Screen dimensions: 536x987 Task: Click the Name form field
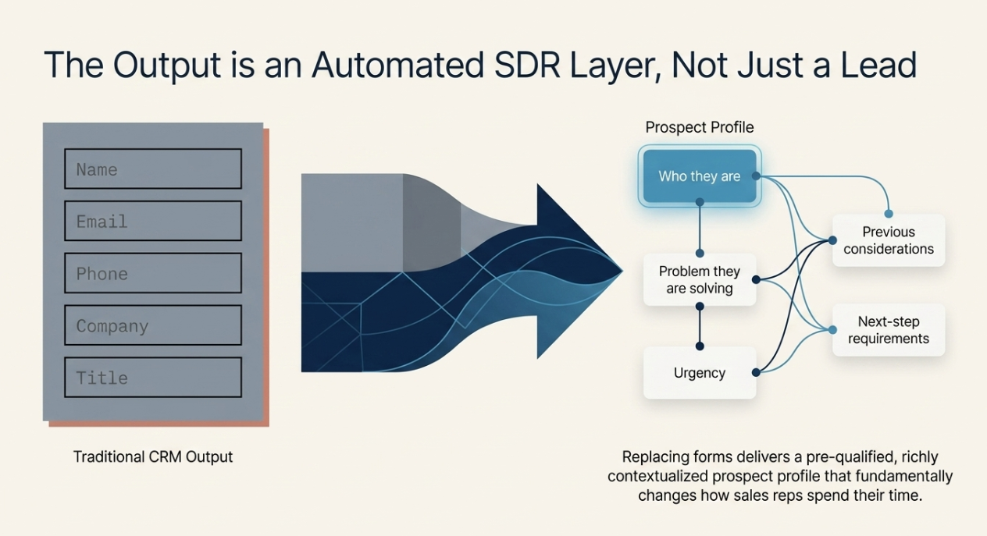[152, 169]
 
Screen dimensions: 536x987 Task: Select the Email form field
[152, 222]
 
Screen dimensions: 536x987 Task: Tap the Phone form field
[152, 274]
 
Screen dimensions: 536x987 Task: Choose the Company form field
[152, 326]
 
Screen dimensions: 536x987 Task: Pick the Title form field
[152, 378]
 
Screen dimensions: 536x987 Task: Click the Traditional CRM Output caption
[153, 456]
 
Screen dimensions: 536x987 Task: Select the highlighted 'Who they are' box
[699, 176]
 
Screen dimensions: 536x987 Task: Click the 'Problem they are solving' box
[699, 280]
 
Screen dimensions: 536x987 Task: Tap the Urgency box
[699, 373]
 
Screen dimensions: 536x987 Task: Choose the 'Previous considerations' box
[888, 240]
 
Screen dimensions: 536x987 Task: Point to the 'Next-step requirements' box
[888, 330]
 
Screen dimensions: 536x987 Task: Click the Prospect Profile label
[700, 127]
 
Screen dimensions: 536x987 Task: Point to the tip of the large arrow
[622, 272]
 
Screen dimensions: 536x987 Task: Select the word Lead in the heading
[875, 65]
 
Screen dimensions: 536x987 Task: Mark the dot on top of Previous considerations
[889, 213]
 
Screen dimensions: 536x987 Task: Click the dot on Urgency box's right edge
[756, 373]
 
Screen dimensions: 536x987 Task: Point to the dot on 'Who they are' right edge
[756, 176]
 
